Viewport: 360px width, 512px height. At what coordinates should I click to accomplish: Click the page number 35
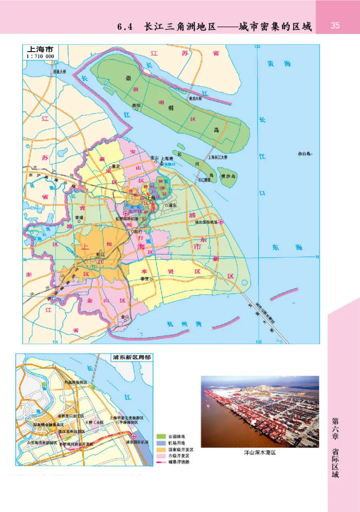(x=335, y=25)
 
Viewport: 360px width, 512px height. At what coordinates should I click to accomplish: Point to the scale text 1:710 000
(x=41, y=56)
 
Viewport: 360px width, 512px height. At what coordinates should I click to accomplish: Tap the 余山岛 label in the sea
(x=305, y=154)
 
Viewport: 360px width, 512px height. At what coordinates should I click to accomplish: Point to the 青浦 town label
(x=79, y=217)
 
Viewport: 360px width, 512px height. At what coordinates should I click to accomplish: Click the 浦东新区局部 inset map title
(x=131, y=358)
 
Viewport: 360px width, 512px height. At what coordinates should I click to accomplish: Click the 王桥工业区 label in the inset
(x=94, y=423)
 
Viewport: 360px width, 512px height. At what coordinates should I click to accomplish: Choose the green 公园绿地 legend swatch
(x=161, y=436)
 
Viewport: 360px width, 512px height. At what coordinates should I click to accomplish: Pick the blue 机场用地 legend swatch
(x=161, y=443)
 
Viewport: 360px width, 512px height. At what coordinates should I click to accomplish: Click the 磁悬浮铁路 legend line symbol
(x=161, y=462)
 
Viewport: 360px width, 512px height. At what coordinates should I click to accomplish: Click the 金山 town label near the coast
(x=125, y=317)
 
